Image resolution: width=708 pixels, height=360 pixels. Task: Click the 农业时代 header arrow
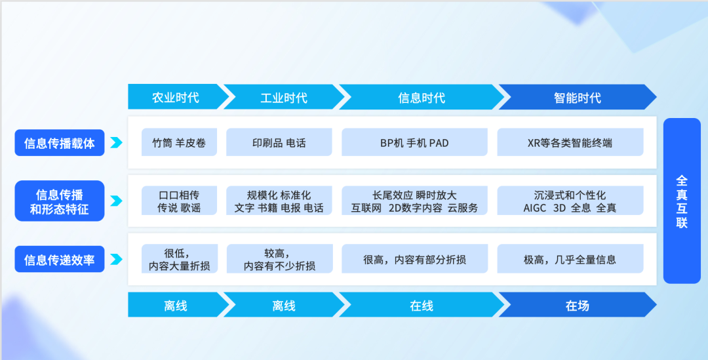(176, 97)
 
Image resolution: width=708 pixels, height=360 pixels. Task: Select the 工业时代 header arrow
(283, 97)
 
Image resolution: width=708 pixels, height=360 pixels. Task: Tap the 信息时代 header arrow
(422, 97)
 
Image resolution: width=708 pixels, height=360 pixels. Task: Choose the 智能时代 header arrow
(577, 97)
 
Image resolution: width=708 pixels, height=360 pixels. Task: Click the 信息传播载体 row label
(60, 143)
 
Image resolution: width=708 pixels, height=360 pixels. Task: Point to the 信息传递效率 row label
(60, 259)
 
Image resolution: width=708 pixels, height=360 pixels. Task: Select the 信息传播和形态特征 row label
(60, 201)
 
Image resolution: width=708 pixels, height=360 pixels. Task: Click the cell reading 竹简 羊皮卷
(179, 142)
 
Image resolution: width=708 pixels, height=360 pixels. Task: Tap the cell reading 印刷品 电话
(279, 142)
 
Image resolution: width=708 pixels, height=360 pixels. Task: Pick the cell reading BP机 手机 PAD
(414, 142)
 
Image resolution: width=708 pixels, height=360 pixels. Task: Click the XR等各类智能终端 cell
(570, 142)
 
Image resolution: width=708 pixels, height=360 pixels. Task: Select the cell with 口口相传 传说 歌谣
(179, 201)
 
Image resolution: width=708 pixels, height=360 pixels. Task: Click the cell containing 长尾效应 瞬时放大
(414, 201)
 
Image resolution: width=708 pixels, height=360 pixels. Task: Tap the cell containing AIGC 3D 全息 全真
(570, 201)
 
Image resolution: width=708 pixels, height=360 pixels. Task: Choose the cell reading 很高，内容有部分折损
(414, 259)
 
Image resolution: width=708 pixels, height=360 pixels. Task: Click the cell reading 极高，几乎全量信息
(570, 259)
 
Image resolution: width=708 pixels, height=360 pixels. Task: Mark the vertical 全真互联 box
(682, 201)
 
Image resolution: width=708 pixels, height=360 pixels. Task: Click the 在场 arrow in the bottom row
(577, 305)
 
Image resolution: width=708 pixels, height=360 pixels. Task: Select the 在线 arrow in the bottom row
(422, 305)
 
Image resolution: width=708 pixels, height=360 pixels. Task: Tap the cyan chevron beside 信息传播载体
(116, 143)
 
